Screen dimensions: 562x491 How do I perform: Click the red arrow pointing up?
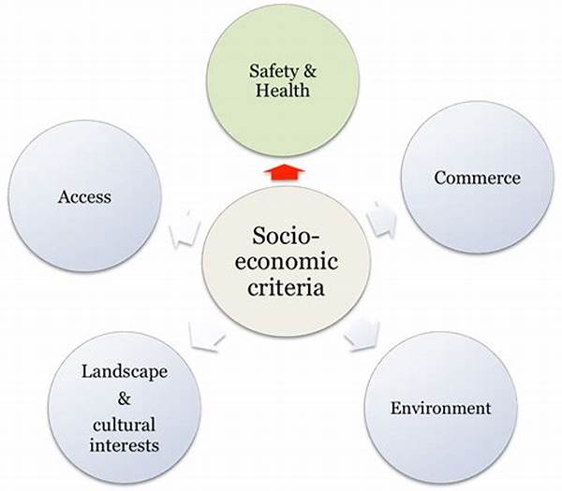pos(284,172)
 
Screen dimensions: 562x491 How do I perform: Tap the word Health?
pos(283,90)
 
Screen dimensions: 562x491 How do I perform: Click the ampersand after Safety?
pos(310,71)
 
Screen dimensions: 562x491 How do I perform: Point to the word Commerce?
pos(477,178)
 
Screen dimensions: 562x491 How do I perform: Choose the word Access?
pos(84,196)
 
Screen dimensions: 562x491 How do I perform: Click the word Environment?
pos(440,408)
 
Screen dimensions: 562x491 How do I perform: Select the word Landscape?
pos(125,373)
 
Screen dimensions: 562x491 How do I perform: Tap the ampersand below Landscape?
pos(124,398)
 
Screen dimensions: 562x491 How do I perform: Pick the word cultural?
pos(124,426)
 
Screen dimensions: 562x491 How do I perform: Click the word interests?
pos(124,445)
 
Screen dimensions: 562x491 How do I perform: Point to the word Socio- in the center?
pos(286,236)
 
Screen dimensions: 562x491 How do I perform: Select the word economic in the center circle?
pos(286,262)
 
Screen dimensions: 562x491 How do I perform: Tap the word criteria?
pos(286,288)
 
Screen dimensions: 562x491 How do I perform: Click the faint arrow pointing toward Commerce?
pos(382,220)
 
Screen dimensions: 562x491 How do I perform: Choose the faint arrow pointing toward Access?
pos(185,229)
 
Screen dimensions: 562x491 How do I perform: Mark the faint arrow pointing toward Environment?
pos(362,336)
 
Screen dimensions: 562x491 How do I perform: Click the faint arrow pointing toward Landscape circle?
pos(207,336)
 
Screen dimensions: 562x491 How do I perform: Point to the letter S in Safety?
pos(255,70)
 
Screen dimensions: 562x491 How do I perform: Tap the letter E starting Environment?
pos(395,408)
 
